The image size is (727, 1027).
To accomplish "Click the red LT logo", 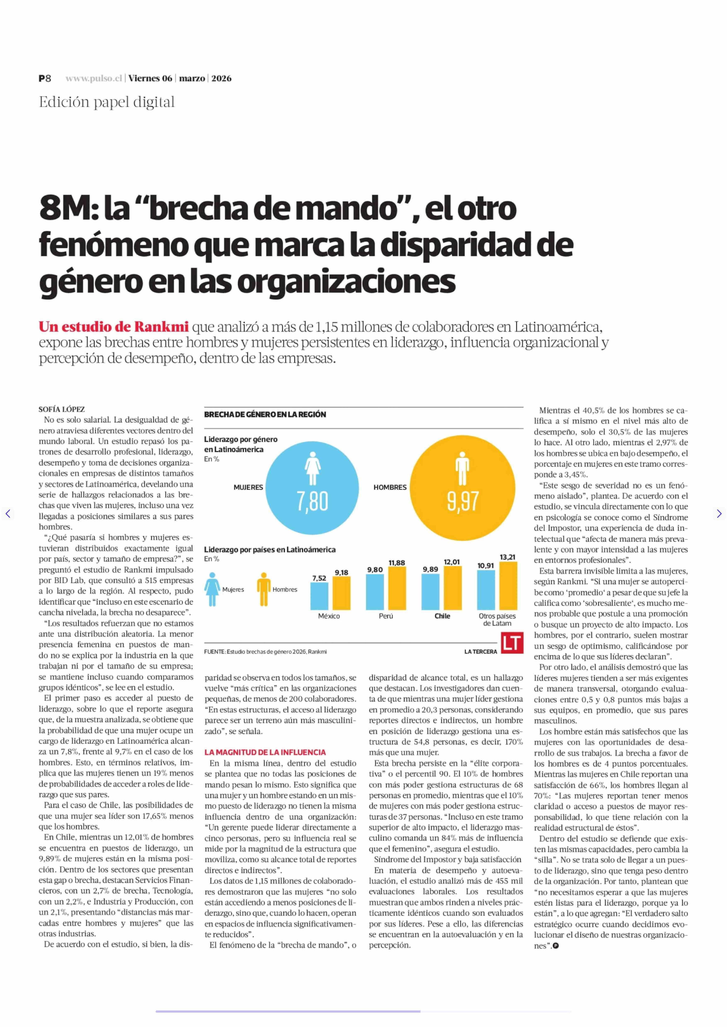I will (x=512, y=643).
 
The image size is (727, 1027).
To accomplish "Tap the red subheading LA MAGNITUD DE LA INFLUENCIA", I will (x=265, y=752).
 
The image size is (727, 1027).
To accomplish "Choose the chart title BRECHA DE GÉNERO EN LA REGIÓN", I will (x=265, y=414).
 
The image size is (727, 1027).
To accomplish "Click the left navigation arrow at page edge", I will (x=8, y=514).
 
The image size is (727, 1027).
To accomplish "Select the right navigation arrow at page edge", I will (x=719, y=514).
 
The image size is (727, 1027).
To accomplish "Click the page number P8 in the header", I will (x=45, y=78).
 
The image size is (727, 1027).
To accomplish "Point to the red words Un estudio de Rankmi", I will (x=113, y=327).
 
